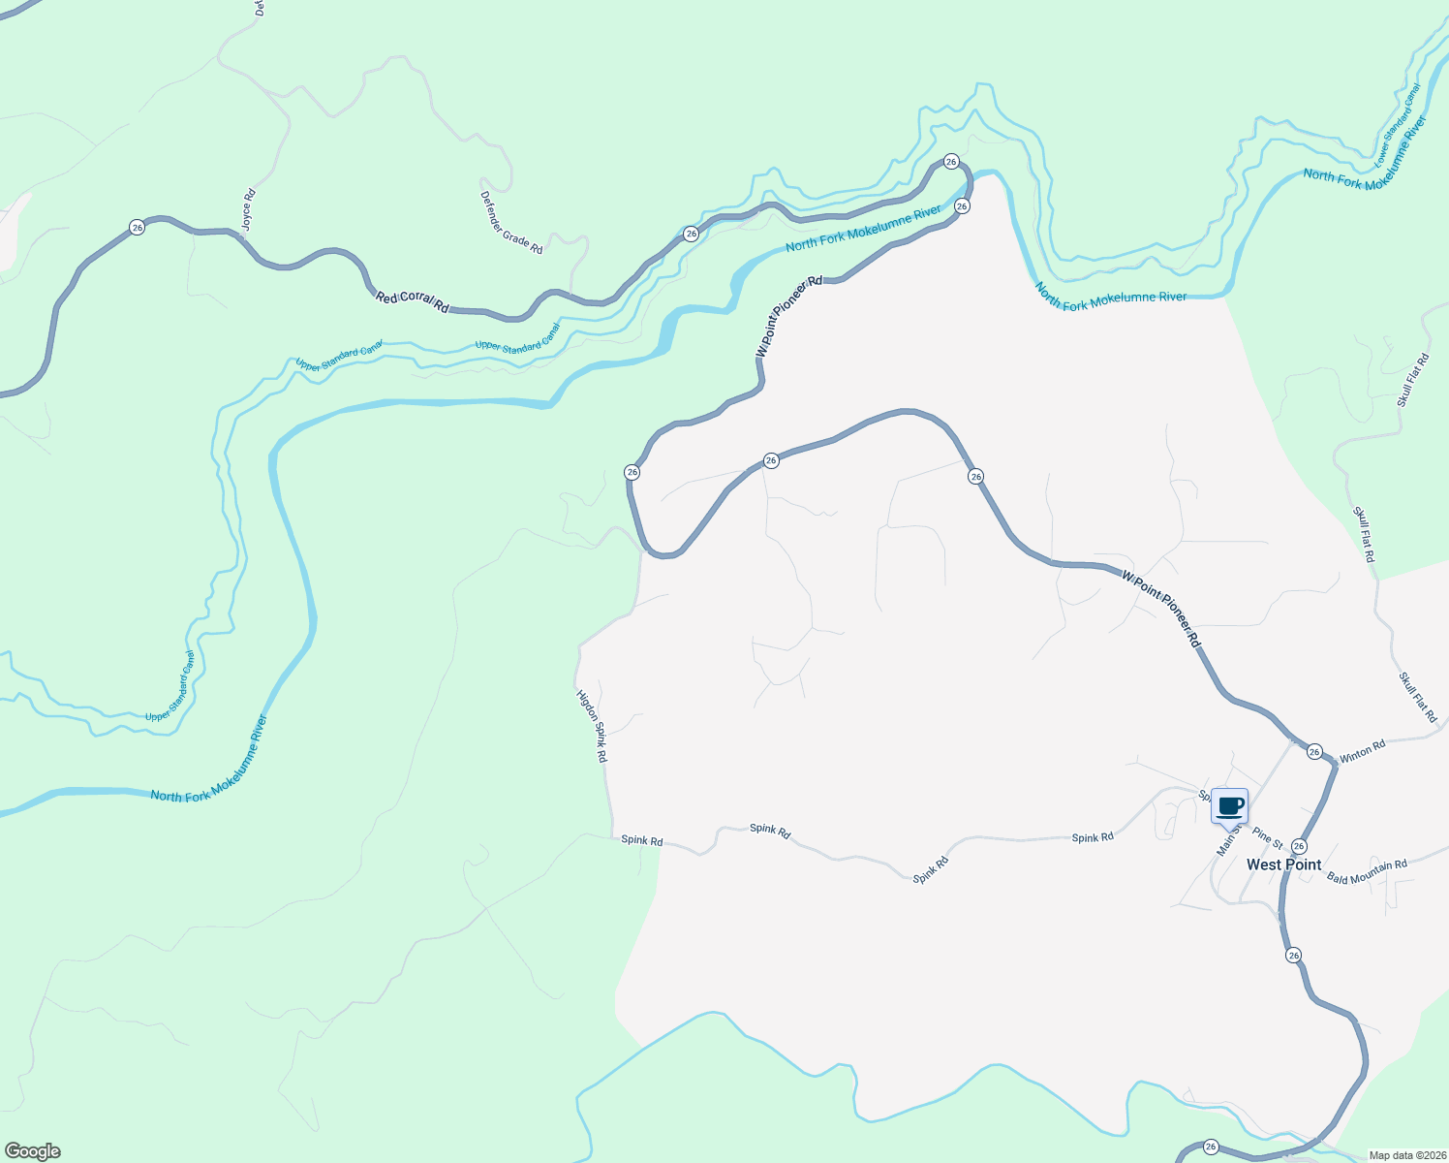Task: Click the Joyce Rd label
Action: coord(248,208)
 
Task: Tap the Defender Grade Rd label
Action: coord(511,223)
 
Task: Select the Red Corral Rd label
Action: coord(413,301)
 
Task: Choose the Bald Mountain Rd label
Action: coord(1367,872)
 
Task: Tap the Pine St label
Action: coord(1267,837)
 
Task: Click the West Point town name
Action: coord(1283,864)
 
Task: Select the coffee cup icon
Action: coord(1230,806)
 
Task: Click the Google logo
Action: coord(33,1151)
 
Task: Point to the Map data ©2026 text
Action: coord(1407,1155)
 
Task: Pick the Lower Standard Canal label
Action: coord(1398,124)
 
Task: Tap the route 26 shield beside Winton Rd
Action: coord(1314,751)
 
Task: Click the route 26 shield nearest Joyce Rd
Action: coord(138,228)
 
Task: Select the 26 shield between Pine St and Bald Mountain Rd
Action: coord(1299,846)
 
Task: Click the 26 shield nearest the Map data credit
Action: coord(1211,1147)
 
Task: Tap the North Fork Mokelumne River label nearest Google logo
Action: coord(209,759)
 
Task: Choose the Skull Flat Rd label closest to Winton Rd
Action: coord(1418,697)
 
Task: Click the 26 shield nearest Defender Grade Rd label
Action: coord(691,234)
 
